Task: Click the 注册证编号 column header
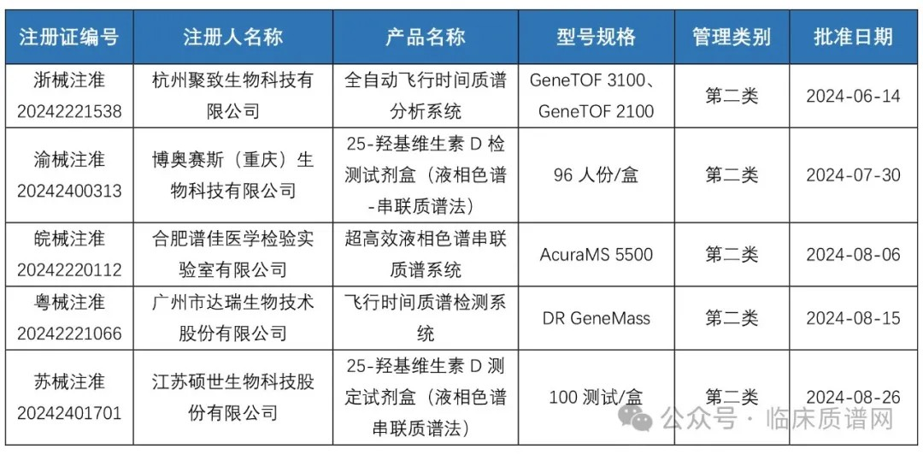click(69, 37)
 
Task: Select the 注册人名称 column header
click(233, 37)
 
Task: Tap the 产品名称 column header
click(426, 37)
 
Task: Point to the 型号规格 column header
click(597, 37)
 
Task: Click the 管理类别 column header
click(732, 37)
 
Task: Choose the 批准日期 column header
click(854, 37)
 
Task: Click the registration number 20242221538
click(69, 111)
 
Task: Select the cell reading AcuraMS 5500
click(597, 255)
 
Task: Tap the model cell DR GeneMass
click(597, 319)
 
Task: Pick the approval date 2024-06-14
click(854, 96)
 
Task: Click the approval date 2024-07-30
click(854, 175)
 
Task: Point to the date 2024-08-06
click(854, 255)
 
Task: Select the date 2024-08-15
click(854, 319)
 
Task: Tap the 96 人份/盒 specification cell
click(597, 175)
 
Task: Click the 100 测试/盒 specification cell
click(597, 397)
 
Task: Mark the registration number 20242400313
click(69, 191)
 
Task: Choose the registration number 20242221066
click(69, 334)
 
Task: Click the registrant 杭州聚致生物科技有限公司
click(233, 96)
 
